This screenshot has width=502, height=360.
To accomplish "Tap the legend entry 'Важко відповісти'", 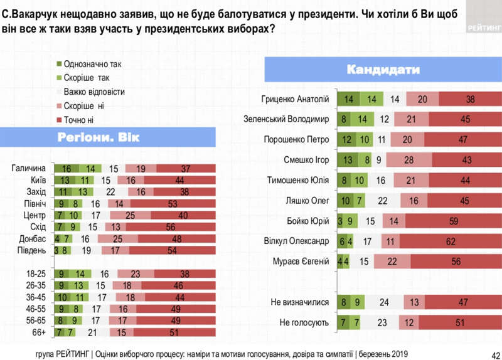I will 94,92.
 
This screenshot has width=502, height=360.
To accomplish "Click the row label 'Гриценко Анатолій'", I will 294,99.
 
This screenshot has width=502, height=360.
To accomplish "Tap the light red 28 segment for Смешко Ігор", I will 409,160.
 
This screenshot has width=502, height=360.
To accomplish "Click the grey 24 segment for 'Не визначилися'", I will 384,302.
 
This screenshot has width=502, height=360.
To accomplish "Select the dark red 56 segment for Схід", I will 171,227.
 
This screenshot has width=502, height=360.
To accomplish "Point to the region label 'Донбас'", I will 32,239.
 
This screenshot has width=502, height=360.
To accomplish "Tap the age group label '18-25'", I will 35,274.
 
